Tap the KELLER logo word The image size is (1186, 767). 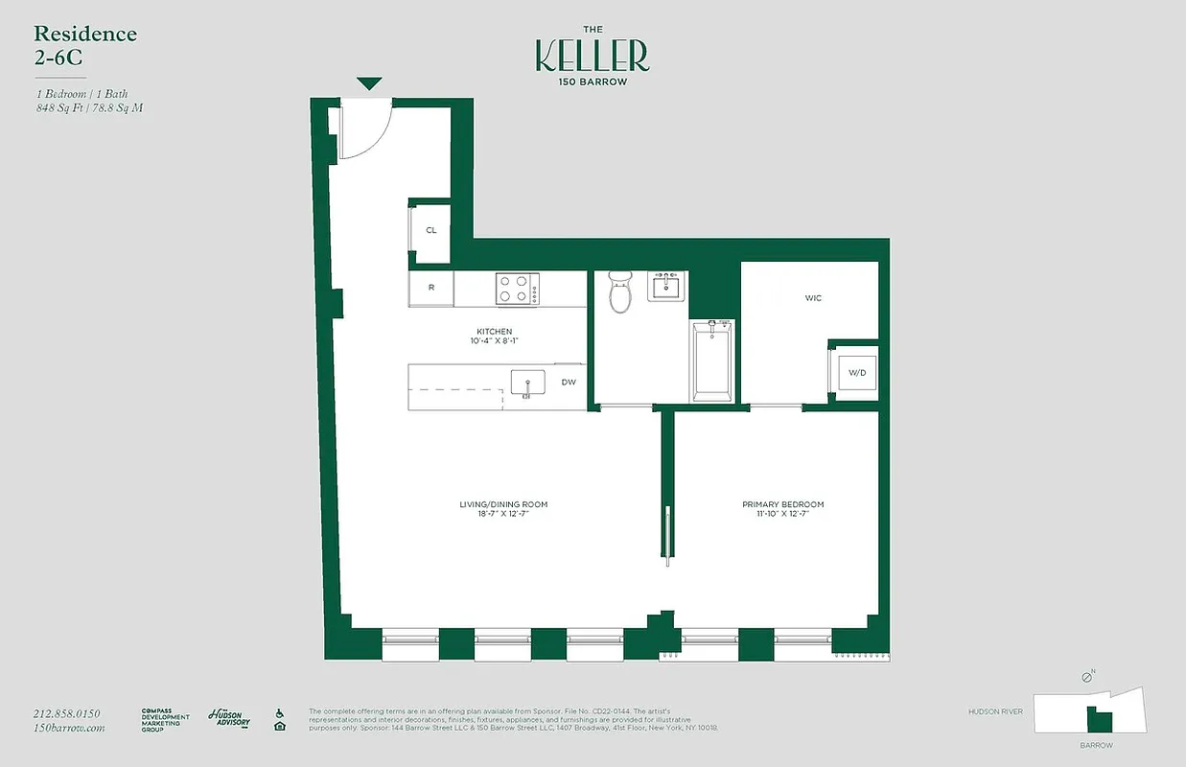tap(592, 57)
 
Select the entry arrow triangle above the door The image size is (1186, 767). tap(369, 84)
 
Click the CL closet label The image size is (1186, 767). tap(430, 230)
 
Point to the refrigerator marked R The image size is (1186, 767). tap(431, 287)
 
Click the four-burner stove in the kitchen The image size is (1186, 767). tap(517, 289)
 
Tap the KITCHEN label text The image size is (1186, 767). tap(495, 332)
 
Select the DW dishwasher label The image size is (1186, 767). tap(569, 383)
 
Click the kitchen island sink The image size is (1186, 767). tap(526, 383)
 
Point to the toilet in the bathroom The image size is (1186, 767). tap(621, 292)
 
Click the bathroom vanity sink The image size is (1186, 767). tap(666, 286)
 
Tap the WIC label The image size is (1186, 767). tap(813, 298)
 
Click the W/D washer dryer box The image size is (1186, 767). tap(856, 372)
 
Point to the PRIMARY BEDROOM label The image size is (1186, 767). tap(782, 504)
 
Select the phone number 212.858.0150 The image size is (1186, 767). tap(66, 713)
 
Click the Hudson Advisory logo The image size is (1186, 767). tap(229, 717)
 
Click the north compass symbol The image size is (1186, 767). tap(1086, 677)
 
